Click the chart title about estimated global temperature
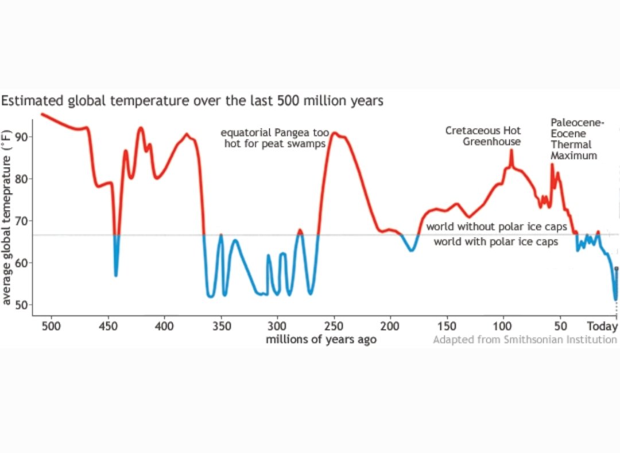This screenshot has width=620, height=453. [x=192, y=101]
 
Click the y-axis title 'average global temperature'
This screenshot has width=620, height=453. [x=7, y=217]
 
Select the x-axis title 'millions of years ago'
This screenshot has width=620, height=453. [x=321, y=339]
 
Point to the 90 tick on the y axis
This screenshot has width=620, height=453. [x=23, y=137]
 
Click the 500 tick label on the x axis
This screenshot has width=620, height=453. [x=51, y=326]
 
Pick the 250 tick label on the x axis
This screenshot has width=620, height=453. [x=334, y=326]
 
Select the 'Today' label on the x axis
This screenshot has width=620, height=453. [x=602, y=326]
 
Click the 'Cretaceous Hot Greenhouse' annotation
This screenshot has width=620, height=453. [x=483, y=136]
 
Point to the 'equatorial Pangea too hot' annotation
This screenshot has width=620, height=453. [x=275, y=138]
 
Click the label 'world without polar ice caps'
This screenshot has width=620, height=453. [x=496, y=227]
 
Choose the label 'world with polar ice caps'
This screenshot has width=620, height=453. [x=495, y=242]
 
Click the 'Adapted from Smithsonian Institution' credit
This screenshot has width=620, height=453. [x=525, y=339]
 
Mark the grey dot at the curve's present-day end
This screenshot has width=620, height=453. [x=617, y=268]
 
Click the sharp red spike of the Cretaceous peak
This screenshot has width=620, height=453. [x=511, y=150]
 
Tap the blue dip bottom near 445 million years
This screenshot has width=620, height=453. [x=116, y=274]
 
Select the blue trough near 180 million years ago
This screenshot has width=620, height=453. [x=411, y=250]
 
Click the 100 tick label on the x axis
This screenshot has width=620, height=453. [x=503, y=326]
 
